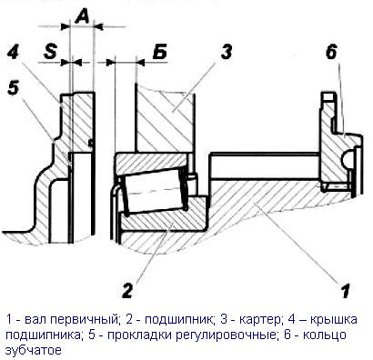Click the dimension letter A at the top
(x=82, y=16)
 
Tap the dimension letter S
(x=50, y=52)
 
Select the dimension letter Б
(x=159, y=52)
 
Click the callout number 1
(x=345, y=291)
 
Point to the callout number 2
(x=127, y=291)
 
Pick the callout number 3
(x=226, y=52)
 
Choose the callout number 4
(x=14, y=52)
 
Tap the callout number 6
(x=331, y=52)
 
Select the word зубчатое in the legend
(x=34, y=350)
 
